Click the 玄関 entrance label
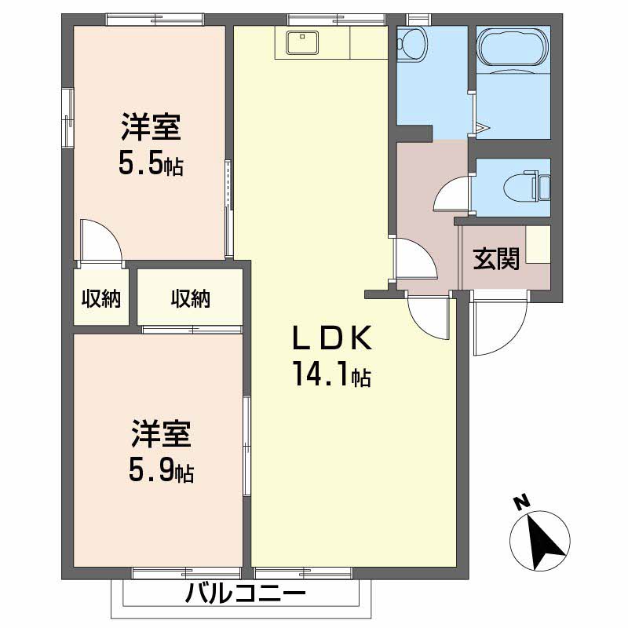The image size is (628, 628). click(495, 258)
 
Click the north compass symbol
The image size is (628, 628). click(539, 539)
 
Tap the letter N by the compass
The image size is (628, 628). click(519, 501)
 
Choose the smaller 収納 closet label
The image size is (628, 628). click(100, 298)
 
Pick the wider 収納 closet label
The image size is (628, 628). click(190, 298)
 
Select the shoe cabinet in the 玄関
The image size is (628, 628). click(539, 244)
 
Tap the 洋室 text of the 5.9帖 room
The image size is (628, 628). click(162, 434)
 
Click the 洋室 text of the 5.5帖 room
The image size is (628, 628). click(151, 126)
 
